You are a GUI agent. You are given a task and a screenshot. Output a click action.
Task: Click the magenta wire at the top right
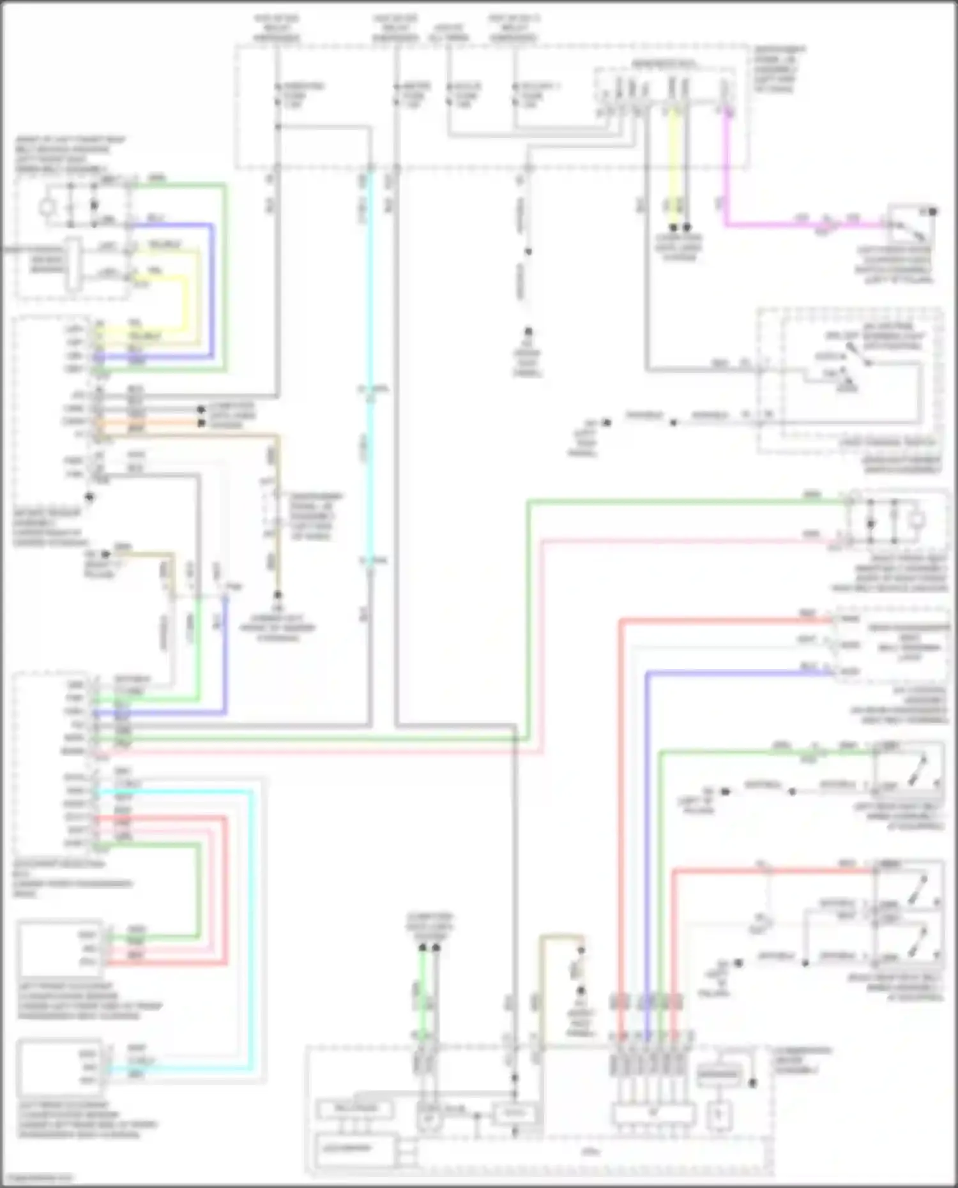click(x=726, y=179)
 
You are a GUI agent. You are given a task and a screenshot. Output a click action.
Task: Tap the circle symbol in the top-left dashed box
click(x=47, y=206)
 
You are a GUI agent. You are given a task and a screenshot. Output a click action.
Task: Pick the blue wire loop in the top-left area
click(x=211, y=287)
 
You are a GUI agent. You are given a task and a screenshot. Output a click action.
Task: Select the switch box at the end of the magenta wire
click(x=910, y=223)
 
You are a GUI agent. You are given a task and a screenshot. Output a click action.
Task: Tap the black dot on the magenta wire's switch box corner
click(x=933, y=211)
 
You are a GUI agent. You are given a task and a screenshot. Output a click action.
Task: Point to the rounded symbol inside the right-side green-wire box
click(x=917, y=520)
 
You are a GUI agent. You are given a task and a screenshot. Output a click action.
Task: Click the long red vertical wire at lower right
click(x=620, y=798)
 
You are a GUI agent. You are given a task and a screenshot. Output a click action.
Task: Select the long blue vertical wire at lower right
click(x=646, y=830)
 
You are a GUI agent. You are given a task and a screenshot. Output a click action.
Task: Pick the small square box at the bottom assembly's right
click(x=718, y=1115)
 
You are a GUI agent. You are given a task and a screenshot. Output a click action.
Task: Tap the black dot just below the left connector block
click(x=89, y=497)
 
